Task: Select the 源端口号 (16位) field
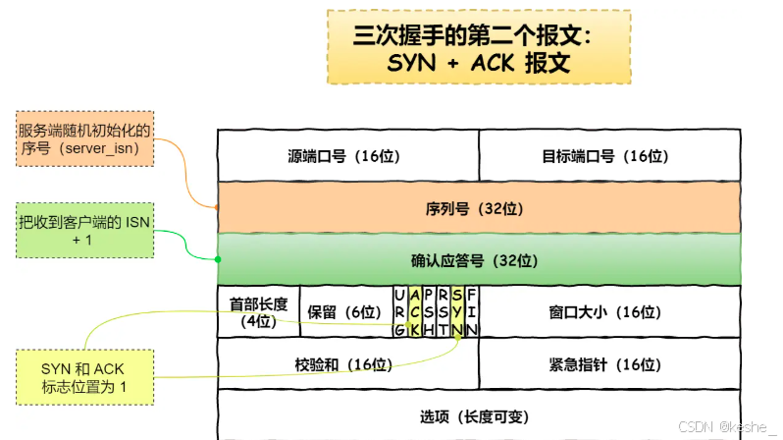click(x=346, y=155)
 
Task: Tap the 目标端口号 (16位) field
click(x=607, y=155)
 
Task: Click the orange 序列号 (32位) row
click(x=478, y=208)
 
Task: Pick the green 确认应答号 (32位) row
click(x=478, y=260)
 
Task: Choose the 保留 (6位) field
click(x=342, y=311)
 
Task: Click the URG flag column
click(x=399, y=311)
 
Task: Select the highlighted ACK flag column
click(x=414, y=311)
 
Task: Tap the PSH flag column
click(x=429, y=311)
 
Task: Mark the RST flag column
click(x=444, y=311)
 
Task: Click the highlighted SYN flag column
click(x=457, y=311)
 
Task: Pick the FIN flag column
click(x=472, y=311)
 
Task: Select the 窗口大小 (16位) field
click(x=607, y=311)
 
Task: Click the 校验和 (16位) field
click(x=346, y=364)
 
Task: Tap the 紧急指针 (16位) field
click(x=607, y=364)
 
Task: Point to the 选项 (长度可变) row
click(x=478, y=415)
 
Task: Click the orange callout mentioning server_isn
click(x=85, y=137)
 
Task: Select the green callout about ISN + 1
click(x=85, y=231)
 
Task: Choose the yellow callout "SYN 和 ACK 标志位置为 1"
click(x=84, y=377)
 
